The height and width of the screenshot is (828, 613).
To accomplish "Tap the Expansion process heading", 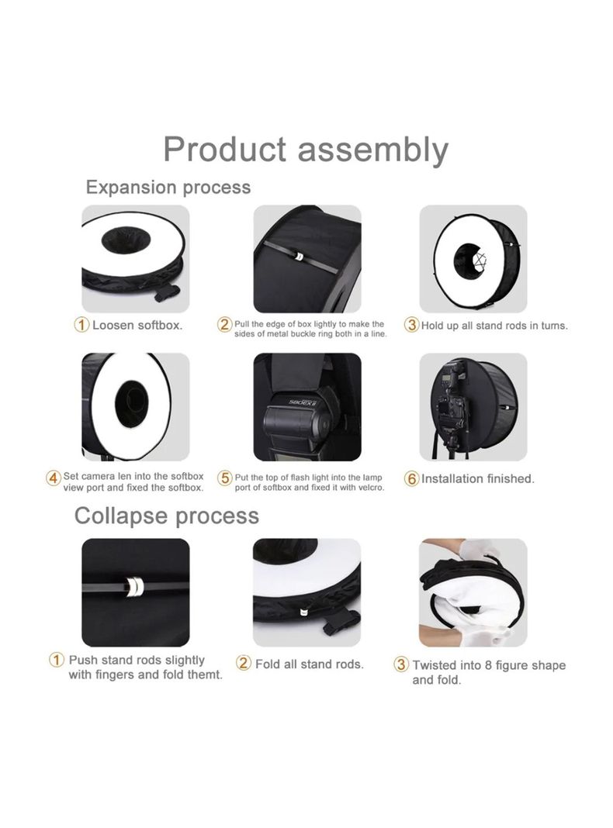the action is point(168,188).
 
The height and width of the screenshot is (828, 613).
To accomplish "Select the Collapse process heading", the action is point(167,516).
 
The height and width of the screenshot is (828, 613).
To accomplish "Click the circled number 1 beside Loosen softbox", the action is point(81,325).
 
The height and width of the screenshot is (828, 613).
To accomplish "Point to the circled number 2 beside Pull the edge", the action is point(224,324).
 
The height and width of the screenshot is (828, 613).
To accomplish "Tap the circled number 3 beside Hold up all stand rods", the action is point(412,325).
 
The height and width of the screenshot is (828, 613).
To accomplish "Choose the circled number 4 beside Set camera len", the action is point(54,478).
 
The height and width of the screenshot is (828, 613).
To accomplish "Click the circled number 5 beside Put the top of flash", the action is point(225,478).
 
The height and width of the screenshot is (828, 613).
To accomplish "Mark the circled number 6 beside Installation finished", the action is point(412,478).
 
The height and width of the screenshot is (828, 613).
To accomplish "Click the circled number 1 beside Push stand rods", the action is point(57,660).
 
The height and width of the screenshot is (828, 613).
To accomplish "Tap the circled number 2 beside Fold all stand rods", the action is point(243,663).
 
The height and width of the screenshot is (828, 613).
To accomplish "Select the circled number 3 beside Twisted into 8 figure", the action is point(402,664).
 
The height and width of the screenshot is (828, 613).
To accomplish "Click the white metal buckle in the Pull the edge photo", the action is point(299,257).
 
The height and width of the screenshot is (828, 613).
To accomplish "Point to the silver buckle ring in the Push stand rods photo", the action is point(134,585).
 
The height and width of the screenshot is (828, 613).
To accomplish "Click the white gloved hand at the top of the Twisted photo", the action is point(476,549).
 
